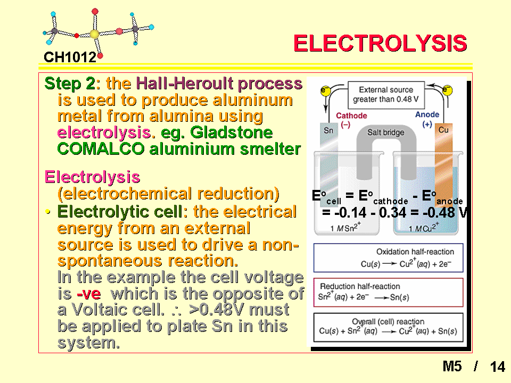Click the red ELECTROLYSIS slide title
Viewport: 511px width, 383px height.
coord(380,43)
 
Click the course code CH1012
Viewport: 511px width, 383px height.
coord(70,57)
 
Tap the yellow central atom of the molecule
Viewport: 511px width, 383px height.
coord(94,34)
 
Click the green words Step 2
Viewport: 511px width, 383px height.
coord(70,84)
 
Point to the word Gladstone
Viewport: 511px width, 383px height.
coord(232,132)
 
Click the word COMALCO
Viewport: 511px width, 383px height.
coord(101,149)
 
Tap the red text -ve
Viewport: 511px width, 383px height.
coord(89,294)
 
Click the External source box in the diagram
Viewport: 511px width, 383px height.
coord(386,95)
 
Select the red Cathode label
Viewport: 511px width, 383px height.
coord(351,115)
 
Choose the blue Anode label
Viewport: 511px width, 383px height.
coord(427,115)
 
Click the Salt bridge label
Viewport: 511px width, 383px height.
coord(385,132)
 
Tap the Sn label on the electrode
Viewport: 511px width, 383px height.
coord(328,131)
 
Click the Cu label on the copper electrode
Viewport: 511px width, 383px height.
coord(443,130)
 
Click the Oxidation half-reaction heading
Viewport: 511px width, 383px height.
coord(415,252)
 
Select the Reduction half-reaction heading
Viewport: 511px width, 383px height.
coord(360,286)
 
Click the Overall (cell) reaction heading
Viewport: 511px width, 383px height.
coord(388,322)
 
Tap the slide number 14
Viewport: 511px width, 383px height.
coord(497,367)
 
